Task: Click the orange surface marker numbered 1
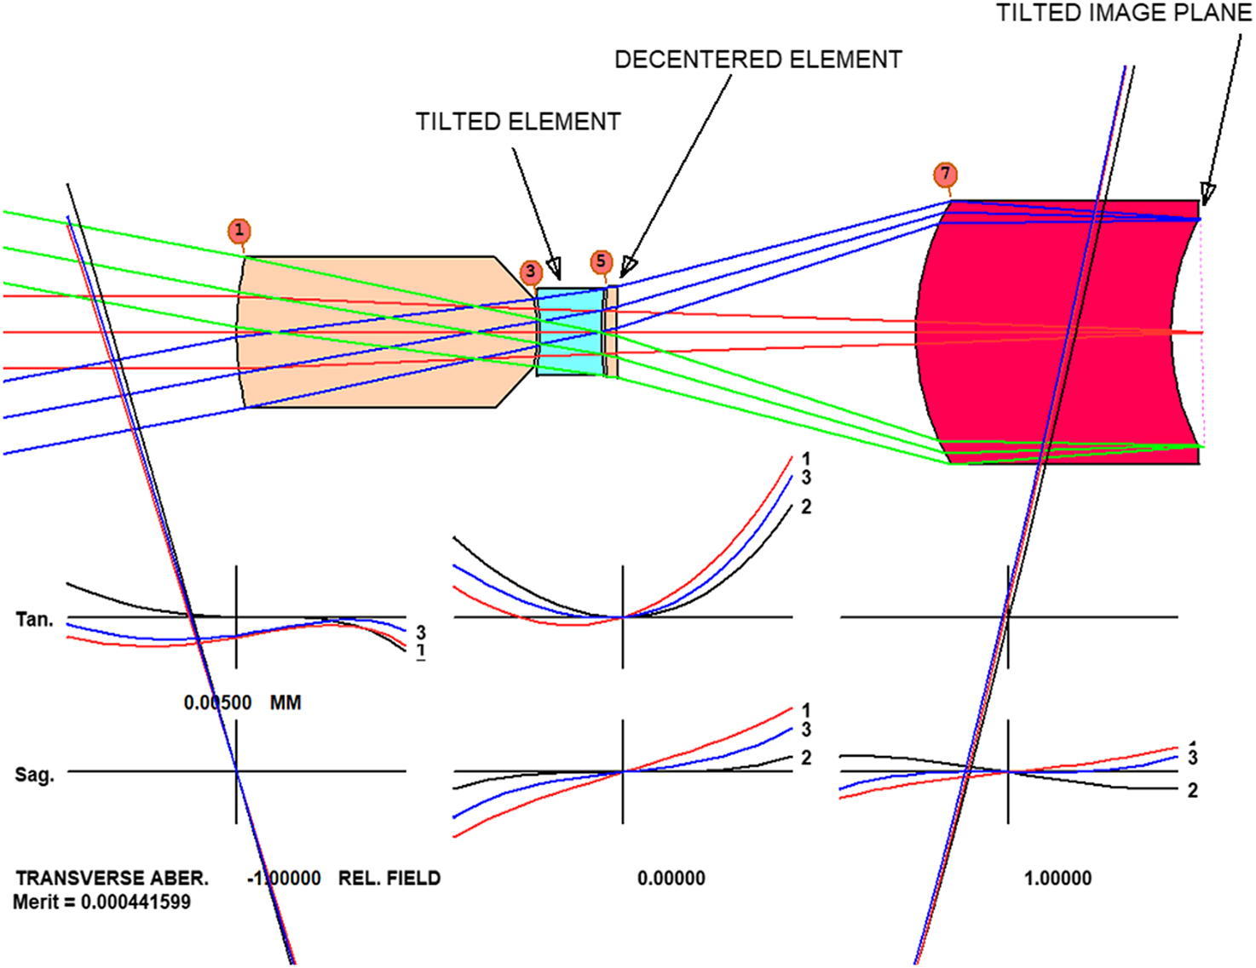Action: coord(239,231)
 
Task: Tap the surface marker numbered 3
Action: coord(531,271)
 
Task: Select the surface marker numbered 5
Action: coord(601,261)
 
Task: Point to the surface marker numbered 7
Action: coord(945,174)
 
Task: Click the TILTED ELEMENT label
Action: coord(518,122)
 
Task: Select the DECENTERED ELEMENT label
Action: coord(758,60)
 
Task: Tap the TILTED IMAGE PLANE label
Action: coord(1124,13)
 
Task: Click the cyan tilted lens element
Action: coord(571,332)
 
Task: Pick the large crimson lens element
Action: coord(1057,332)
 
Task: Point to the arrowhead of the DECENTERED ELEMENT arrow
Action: coord(628,267)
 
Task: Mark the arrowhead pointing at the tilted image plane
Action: coord(1207,194)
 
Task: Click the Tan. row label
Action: coord(34,619)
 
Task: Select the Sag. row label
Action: coord(34,775)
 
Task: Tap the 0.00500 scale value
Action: coord(217,702)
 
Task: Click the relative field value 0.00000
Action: coord(671,878)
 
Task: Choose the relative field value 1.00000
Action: coord(1057,878)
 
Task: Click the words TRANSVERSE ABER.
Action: coord(112,878)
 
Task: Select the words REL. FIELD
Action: coord(389,878)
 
